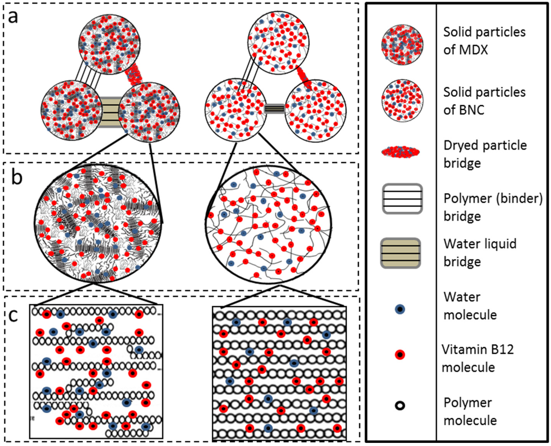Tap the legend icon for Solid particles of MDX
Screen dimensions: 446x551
tap(402, 45)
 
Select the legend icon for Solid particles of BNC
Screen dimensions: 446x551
tap(402, 100)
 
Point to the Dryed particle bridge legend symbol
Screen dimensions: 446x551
tap(400, 152)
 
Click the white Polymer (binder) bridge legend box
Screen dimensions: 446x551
tap(402, 199)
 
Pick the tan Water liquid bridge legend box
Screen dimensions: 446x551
tap(400, 253)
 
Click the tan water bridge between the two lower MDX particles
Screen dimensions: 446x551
tap(110, 112)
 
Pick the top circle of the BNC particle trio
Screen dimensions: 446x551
tap(278, 42)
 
